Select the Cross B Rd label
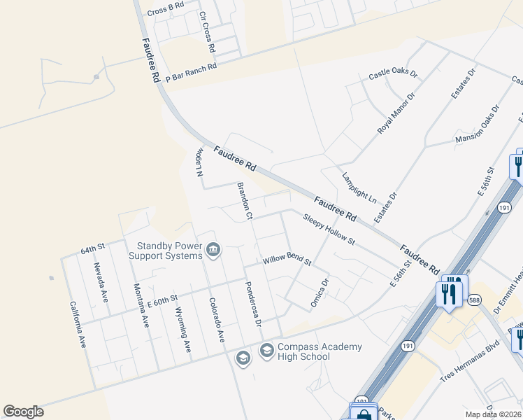(165, 8)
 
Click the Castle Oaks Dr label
(393, 73)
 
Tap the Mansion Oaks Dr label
(478, 125)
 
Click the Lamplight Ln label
(359, 188)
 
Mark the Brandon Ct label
(244, 201)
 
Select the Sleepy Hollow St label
(330, 230)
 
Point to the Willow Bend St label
(287, 260)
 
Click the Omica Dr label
(320, 293)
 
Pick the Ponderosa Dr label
(252, 304)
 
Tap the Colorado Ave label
(216, 320)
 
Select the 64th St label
(92, 248)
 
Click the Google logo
(23, 412)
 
